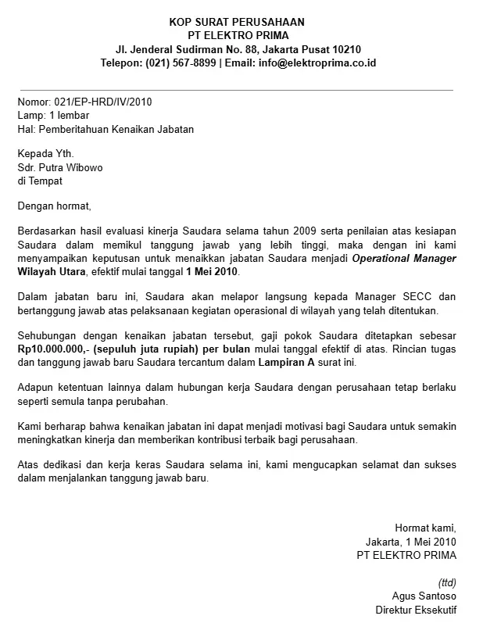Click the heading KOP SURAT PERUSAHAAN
pos(238,21)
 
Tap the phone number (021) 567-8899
pos(181,63)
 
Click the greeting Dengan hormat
pos(54,206)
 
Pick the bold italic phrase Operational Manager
pos(404,258)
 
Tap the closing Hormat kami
pos(425,528)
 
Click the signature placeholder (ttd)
pos(447,582)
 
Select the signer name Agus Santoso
pos(424,596)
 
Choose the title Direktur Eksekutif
pos(416,610)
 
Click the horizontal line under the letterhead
pos(234,90)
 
